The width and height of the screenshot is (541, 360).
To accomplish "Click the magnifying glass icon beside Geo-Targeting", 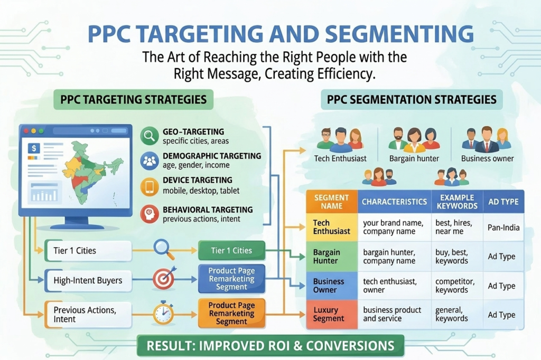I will [150, 136].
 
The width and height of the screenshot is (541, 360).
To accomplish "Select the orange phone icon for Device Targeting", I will [150, 186].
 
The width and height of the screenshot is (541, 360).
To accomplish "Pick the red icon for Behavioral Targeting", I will [150, 213].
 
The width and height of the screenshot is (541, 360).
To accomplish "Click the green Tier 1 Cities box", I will [231, 250].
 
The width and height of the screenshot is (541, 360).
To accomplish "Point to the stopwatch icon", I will [163, 313].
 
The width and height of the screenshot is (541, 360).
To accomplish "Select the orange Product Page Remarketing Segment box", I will [231, 313].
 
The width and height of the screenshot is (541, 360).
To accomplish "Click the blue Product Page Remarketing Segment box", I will [231, 278].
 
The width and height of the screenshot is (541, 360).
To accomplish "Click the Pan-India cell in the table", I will [503, 228].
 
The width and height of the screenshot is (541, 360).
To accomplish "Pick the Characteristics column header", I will [394, 202].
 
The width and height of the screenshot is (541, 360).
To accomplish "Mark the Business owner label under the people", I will [487, 158].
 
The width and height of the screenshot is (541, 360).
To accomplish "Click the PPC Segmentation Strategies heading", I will [412, 100].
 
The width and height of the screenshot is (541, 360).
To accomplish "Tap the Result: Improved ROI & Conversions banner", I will [270, 346].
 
